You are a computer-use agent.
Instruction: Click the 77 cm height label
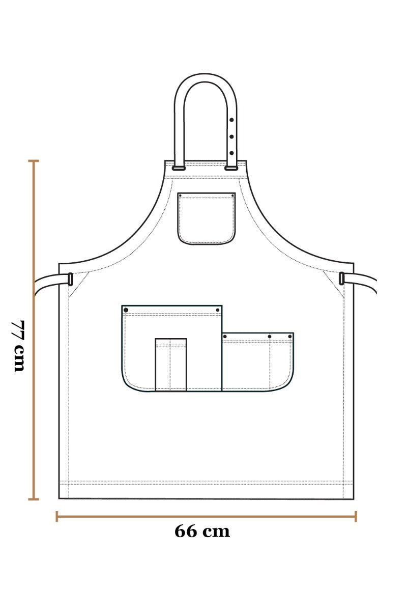[18, 346]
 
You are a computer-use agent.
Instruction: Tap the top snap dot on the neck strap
[231, 120]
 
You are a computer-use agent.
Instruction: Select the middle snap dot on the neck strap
[231, 136]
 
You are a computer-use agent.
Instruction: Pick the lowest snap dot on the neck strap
[231, 153]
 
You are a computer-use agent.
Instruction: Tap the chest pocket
[207, 218]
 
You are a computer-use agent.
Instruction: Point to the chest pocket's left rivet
[180, 196]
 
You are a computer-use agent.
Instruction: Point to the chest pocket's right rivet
[232, 196]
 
